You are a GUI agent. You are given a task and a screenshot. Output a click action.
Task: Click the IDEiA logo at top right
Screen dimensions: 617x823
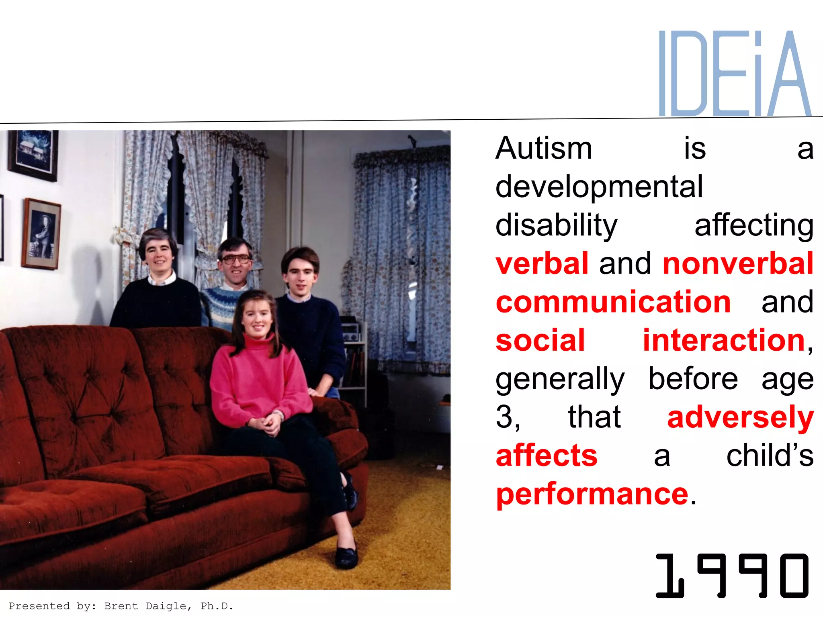click(x=735, y=74)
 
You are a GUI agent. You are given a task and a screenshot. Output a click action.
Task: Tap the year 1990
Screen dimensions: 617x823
click(x=731, y=575)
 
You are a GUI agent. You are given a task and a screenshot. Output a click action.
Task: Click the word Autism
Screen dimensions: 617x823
click(x=544, y=149)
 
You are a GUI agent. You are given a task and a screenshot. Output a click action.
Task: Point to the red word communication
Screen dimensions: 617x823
click(x=613, y=302)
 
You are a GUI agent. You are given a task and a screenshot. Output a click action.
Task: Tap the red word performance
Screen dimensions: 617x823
click(x=592, y=494)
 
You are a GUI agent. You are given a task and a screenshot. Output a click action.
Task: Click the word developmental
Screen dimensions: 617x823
click(x=599, y=187)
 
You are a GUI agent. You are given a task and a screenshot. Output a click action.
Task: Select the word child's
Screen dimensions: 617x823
click(x=770, y=456)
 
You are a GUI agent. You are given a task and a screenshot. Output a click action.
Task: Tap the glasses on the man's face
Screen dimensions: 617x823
click(x=235, y=259)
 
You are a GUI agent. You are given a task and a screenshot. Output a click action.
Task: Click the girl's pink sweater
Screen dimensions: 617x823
click(x=257, y=382)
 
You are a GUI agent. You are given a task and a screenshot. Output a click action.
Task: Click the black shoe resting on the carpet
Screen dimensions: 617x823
click(x=346, y=556)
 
